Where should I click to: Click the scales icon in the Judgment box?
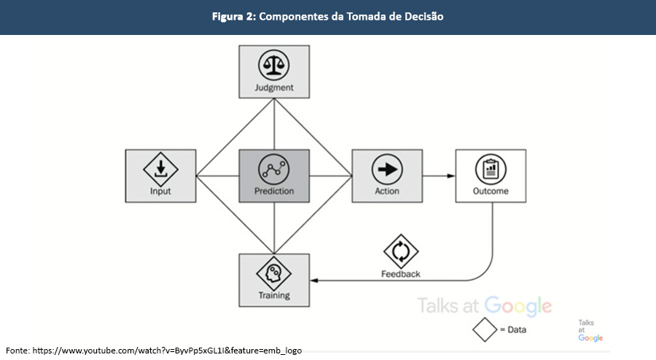coord(274,66)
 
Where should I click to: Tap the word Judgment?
coord(274,88)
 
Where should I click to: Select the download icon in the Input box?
coord(160,170)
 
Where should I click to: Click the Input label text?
coord(160,192)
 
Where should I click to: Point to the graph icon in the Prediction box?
coord(274,170)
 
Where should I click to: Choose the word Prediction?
coord(274,192)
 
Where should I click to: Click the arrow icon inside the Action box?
coord(387,170)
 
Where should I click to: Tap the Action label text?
coord(387,192)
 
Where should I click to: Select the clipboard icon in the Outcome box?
coord(491,170)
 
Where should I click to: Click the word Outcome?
coord(491,192)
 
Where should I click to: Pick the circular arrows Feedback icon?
coord(401,251)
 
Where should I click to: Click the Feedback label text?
coord(401,274)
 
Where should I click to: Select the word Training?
coord(274,296)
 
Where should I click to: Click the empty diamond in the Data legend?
coord(484,329)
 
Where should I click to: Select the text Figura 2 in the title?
coord(233,17)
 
